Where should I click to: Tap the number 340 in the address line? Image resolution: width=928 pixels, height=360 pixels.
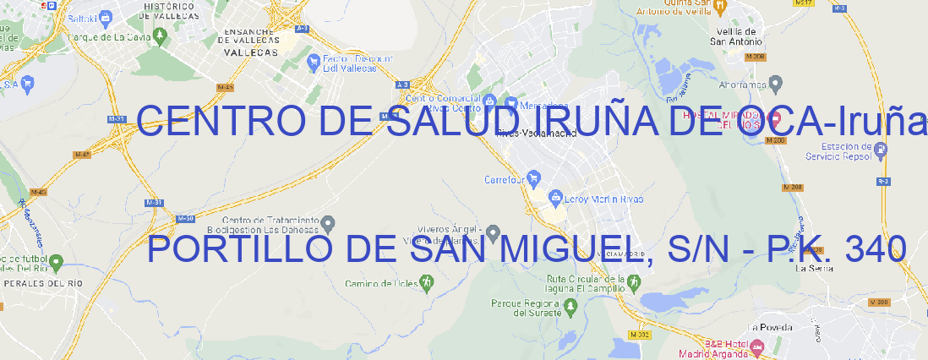click(875, 249)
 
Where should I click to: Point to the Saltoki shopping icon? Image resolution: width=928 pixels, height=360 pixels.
click(105, 17)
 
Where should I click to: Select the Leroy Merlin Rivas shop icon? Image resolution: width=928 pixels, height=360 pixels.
click(555, 198)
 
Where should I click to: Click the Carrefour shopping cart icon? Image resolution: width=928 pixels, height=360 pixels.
click(535, 179)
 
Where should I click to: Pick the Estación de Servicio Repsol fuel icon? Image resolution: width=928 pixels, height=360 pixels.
click(881, 150)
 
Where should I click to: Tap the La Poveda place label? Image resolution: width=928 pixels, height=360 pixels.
click(771, 327)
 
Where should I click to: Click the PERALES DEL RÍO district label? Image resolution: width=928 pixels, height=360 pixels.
click(44, 284)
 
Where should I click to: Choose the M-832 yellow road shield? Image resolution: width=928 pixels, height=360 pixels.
click(642, 335)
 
